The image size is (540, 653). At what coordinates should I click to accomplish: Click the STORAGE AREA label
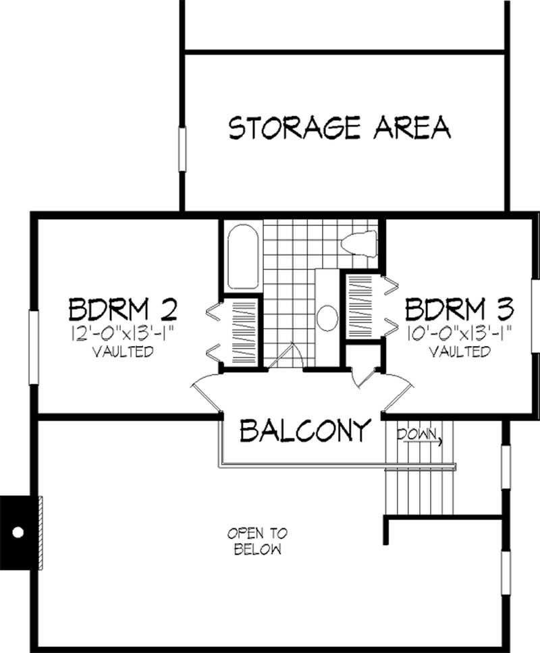coord(340,127)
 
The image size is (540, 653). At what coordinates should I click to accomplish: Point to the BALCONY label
coord(306,429)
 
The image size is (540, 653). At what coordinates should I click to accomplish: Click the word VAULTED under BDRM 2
coord(122,351)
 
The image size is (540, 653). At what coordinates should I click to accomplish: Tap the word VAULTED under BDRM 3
coord(459,351)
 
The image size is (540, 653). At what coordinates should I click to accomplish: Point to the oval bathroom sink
coord(327,318)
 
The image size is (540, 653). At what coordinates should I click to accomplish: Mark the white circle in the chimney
coord(18,532)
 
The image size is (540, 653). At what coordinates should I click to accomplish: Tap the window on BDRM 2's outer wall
coord(32,335)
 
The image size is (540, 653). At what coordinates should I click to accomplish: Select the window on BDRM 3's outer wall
coord(535,316)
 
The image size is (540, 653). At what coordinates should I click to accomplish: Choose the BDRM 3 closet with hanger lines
coord(363,307)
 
